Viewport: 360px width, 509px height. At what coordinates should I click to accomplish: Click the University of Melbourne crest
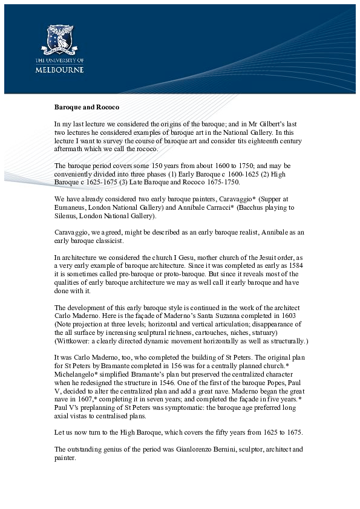(x=59, y=37)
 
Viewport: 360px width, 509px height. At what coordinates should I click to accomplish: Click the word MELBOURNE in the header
(x=59, y=70)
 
